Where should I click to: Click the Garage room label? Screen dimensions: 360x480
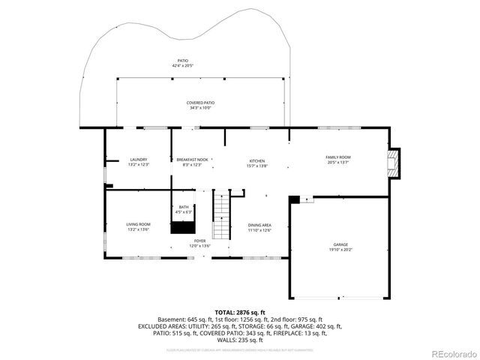pos(341,245)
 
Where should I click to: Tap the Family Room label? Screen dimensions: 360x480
pos(338,157)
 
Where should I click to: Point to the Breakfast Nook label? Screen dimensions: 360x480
pos(192,160)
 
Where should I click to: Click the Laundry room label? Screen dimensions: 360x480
pos(138,159)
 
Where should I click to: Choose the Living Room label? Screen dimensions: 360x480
pos(138,224)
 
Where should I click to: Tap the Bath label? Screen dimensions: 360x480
pos(184,207)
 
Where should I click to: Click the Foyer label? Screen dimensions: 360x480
pos(199,241)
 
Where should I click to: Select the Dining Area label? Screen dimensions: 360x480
pos(259,225)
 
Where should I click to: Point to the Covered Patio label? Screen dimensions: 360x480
pos(200,103)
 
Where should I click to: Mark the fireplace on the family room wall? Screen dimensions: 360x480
pos(393,162)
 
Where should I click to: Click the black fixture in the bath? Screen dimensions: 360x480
pos(182,226)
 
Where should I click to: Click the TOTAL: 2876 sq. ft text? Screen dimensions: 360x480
pos(240,312)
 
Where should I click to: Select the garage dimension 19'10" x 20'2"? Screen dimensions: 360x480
pos(341,250)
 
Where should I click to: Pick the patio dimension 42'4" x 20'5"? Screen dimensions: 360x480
pos(183,66)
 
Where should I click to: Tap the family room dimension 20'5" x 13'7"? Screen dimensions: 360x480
pos(338,162)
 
